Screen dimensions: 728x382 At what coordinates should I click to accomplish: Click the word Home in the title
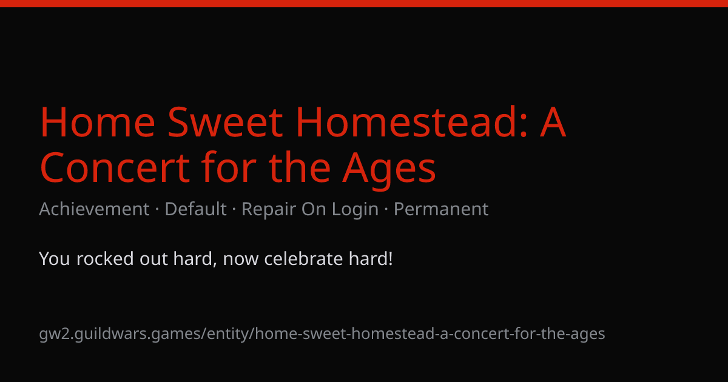[98, 122]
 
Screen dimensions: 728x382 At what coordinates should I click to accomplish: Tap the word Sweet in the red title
[225, 122]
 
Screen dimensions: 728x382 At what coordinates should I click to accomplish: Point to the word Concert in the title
[115, 167]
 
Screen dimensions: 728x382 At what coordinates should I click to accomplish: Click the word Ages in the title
[389, 170]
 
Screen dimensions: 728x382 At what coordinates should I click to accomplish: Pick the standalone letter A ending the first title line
[553, 122]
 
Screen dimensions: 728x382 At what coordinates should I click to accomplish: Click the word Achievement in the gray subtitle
[94, 209]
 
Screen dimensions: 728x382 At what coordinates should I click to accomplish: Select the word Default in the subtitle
[195, 209]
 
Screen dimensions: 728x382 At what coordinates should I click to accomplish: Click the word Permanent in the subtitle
[441, 209]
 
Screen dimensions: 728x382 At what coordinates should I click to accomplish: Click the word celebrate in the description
[303, 258]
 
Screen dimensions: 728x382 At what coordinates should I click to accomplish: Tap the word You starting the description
[54, 258]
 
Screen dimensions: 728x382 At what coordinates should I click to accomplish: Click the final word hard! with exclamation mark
[371, 258]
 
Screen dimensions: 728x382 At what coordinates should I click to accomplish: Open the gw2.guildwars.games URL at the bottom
[322, 334]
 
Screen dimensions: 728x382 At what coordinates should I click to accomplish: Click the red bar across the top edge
[364, 3]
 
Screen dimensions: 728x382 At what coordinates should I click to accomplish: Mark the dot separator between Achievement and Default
[157, 209]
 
